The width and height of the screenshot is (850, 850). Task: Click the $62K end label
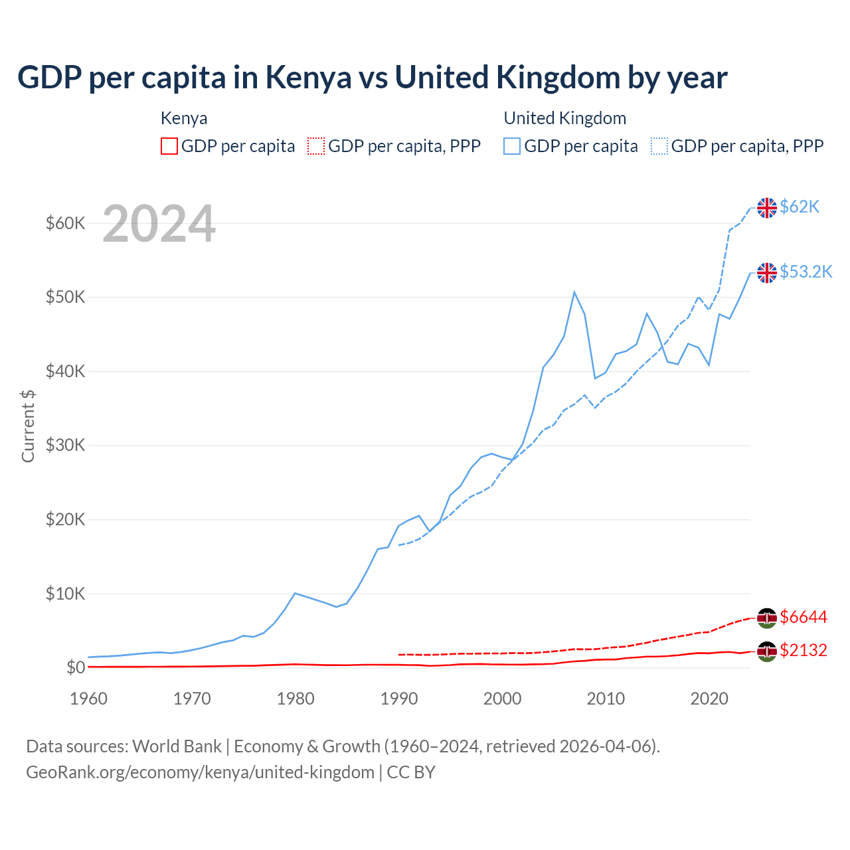pyautogui.click(x=800, y=207)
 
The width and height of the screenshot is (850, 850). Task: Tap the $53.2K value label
pyautogui.click(x=806, y=272)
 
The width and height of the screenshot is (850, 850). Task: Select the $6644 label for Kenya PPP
pyautogui.click(x=804, y=618)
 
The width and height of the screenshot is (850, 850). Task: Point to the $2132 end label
pyautogui.click(x=804, y=650)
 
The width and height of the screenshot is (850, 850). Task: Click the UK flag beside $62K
pyautogui.click(x=767, y=208)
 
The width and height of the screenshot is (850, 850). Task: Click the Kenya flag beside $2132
pyautogui.click(x=767, y=651)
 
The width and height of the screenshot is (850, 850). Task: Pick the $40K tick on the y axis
pyautogui.click(x=65, y=372)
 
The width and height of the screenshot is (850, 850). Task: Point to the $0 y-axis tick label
pyautogui.click(x=76, y=668)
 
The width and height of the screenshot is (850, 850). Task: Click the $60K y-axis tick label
pyautogui.click(x=65, y=224)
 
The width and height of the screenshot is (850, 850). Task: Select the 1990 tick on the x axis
pyautogui.click(x=399, y=699)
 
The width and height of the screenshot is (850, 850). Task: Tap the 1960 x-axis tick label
pyautogui.click(x=88, y=699)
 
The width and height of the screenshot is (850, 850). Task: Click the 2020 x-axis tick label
pyautogui.click(x=709, y=699)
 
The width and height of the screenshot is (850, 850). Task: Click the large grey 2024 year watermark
pyautogui.click(x=159, y=224)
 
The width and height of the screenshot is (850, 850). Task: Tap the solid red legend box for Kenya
pyautogui.click(x=169, y=146)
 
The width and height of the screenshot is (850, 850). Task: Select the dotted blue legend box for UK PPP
pyautogui.click(x=659, y=146)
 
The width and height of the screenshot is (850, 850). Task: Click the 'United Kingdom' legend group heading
pyautogui.click(x=564, y=118)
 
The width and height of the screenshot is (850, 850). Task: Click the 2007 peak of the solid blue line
pyautogui.click(x=574, y=292)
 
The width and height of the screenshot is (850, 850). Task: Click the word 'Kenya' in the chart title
pyautogui.click(x=309, y=78)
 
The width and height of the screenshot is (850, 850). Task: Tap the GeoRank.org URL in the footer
pyautogui.click(x=200, y=772)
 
